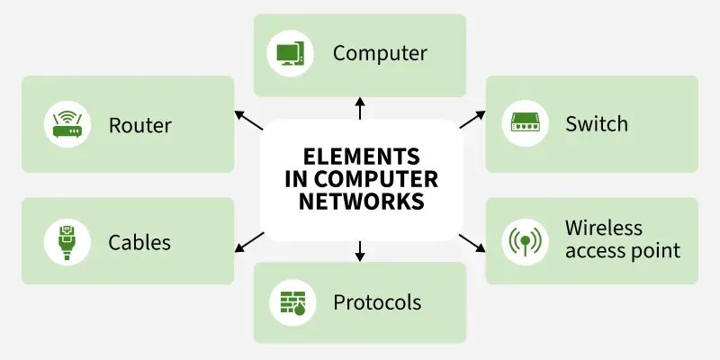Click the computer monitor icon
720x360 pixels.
[x=290, y=54]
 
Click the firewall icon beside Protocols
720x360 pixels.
[x=290, y=302]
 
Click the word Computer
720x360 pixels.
[x=380, y=53]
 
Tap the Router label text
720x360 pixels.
[x=139, y=124]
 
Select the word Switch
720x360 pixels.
[x=597, y=124]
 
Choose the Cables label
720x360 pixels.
[x=139, y=242]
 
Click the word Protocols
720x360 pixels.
[x=377, y=302]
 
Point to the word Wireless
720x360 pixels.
[x=604, y=228]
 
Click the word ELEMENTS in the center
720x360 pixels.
[x=360, y=155]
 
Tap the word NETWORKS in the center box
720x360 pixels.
[x=360, y=200]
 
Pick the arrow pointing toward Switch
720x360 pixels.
[x=472, y=120]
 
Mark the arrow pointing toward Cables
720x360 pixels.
[x=248, y=241]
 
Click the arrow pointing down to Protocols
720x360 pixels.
[x=360, y=251]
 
